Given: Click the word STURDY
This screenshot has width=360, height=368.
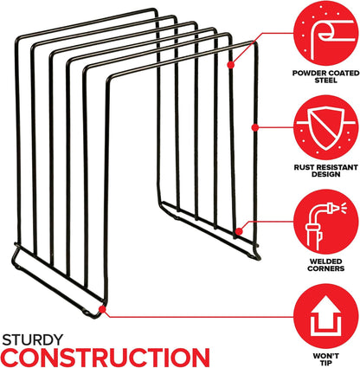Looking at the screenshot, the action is click(x=33, y=339).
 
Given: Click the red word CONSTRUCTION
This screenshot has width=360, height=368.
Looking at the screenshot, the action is click(x=106, y=358).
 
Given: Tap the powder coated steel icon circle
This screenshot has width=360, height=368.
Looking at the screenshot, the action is click(x=326, y=33).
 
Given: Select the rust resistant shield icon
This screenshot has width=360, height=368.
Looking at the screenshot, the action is click(x=326, y=127).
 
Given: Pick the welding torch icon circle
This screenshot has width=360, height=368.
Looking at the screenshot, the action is click(x=326, y=222).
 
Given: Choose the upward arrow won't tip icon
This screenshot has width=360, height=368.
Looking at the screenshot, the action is click(x=326, y=316).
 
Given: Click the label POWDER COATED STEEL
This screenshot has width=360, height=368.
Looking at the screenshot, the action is click(x=326, y=76).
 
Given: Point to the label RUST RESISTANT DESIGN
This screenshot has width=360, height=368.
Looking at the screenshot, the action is click(x=326, y=171).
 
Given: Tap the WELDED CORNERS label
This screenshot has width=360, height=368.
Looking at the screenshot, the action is click(x=326, y=265).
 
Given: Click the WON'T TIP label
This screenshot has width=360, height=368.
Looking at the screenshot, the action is click(x=326, y=359).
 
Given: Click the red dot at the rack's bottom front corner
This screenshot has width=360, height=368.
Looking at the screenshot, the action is click(x=102, y=309).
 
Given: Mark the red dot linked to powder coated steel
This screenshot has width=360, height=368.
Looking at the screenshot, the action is click(x=230, y=65).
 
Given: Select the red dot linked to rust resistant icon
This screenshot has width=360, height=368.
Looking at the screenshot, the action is click(x=254, y=127).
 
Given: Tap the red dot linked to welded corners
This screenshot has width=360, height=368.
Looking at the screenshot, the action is click(x=239, y=231).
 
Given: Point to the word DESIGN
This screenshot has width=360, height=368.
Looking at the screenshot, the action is click(x=326, y=174).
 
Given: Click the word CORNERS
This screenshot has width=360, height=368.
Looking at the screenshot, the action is click(x=326, y=268).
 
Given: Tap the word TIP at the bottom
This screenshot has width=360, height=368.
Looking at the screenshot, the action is click(x=326, y=363).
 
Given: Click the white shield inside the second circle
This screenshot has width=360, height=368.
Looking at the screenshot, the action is click(x=326, y=128).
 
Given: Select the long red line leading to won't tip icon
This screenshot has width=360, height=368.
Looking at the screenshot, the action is click(x=199, y=316).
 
